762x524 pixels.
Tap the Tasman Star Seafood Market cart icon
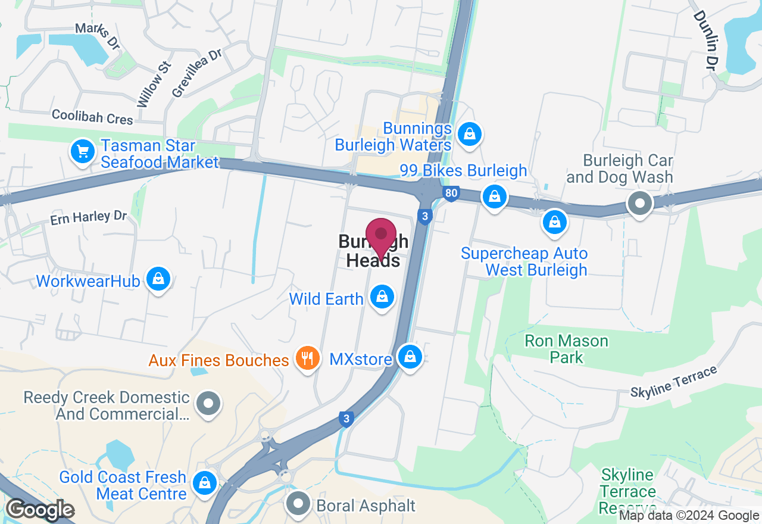click(x=83, y=152)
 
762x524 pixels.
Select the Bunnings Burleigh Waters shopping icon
click(x=470, y=134)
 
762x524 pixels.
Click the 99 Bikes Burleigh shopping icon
click(x=494, y=195)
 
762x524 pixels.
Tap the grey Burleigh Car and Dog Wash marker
click(x=640, y=204)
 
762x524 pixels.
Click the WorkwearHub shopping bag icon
click(x=158, y=279)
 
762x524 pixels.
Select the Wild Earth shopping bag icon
click(x=382, y=296)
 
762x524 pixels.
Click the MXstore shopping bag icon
click(x=410, y=357)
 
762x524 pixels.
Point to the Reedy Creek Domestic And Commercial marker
click(x=208, y=403)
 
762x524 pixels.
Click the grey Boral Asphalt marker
click(x=298, y=505)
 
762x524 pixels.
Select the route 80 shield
click(x=451, y=194)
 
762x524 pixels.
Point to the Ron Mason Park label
click(x=566, y=349)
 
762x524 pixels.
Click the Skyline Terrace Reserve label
click(x=627, y=492)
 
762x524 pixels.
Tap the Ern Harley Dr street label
click(x=88, y=218)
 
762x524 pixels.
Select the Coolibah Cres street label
click(x=92, y=117)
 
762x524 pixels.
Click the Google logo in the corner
click(x=40, y=510)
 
